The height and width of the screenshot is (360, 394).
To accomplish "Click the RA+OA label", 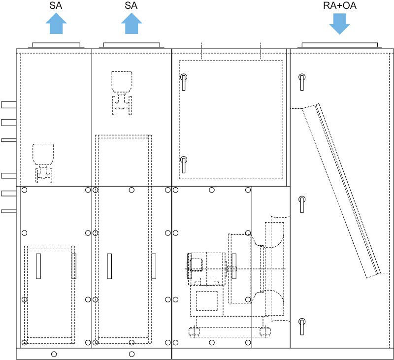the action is (x=339, y=5).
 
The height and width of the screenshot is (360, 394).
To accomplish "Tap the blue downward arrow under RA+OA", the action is (x=340, y=24).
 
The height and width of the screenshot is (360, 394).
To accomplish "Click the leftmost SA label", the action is (x=56, y=5).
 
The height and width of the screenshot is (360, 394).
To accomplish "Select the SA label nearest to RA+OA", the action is (x=131, y=5).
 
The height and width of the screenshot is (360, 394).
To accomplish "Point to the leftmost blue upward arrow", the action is (x=56, y=23).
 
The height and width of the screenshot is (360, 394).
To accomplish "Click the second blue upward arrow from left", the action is (x=131, y=23).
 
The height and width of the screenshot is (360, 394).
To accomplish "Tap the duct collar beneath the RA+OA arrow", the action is (x=340, y=45).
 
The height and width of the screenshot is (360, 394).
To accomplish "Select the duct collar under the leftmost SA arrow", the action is (x=56, y=45).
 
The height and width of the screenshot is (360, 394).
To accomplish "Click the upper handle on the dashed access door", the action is (x=184, y=82).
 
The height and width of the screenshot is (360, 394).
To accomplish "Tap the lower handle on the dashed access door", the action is (x=184, y=164).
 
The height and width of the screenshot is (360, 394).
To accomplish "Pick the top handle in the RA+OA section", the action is (x=302, y=82).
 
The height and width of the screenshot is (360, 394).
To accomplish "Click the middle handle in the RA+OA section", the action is (x=302, y=204).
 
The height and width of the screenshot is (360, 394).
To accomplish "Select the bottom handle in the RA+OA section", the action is (x=302, y=327).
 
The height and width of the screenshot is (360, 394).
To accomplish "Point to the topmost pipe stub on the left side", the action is (x=9, y=105).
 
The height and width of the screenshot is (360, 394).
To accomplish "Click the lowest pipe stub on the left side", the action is (x=9, y=211).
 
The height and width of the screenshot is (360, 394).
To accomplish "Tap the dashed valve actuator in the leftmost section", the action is (x=43, y=164).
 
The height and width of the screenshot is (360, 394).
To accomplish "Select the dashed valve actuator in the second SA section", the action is (x=122, y=93).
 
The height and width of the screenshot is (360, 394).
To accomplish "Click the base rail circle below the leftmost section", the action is (x=54, y=354).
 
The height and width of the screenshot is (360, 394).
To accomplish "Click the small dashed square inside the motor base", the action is (x=206, y=301).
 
